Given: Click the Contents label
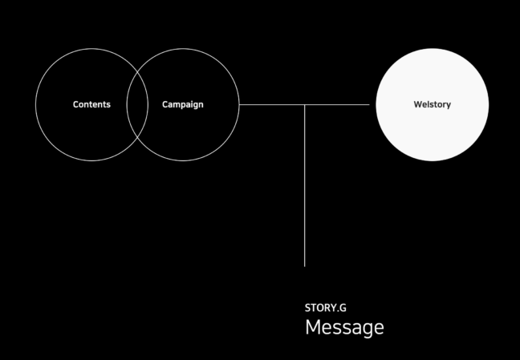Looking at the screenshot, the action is [x=91, y=104].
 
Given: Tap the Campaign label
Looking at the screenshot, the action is [x=183, y=105].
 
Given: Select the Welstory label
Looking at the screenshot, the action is [x=432, y=105].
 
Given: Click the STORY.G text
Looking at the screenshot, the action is [x=326, y=308].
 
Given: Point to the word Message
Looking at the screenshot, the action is [x=344, y=327].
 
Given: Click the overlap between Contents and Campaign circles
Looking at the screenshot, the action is [x=137, y=104].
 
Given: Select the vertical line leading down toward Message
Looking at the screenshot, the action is [x=304, y=185].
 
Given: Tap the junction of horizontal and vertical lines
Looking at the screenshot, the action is [x=304, y=104].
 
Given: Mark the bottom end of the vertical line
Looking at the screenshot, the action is [x=304, y=266].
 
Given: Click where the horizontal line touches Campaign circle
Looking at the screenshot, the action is [x=239, y=104].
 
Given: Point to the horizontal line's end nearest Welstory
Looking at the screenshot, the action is [x=369, y=104].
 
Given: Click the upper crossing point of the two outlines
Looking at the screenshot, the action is [x=137, y=71].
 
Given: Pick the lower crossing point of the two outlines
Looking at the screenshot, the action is [x=137, y=138].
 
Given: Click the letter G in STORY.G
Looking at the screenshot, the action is [x=343, y=308].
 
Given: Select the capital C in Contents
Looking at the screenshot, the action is [x=76, y=104].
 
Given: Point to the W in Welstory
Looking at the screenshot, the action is [x=418, y=104].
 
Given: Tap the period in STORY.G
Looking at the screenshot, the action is [x=338, y=311].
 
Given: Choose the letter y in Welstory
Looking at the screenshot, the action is [x=449, y=106].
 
